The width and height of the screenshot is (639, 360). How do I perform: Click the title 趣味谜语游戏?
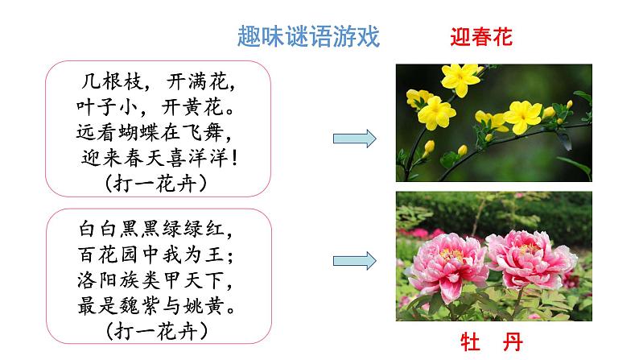(309, 37)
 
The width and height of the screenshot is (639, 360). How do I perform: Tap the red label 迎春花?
(481, 37)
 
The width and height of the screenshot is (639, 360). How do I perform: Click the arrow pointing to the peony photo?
(355, 260)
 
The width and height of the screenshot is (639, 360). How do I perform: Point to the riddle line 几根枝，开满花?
(163, 81)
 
